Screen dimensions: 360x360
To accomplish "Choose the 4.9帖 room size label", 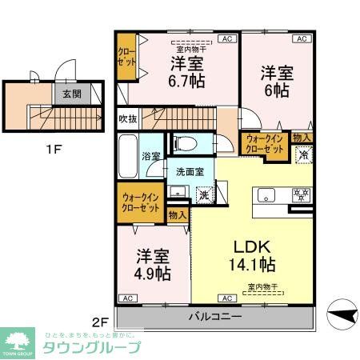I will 153,273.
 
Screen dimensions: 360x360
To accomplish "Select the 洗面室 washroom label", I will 190,170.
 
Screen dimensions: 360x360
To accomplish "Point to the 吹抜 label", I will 128,119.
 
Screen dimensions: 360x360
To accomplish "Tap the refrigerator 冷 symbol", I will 304,156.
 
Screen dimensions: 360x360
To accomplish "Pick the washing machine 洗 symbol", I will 204,194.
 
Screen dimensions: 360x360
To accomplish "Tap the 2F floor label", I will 100,322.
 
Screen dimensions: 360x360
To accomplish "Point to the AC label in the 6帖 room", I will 302,38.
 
